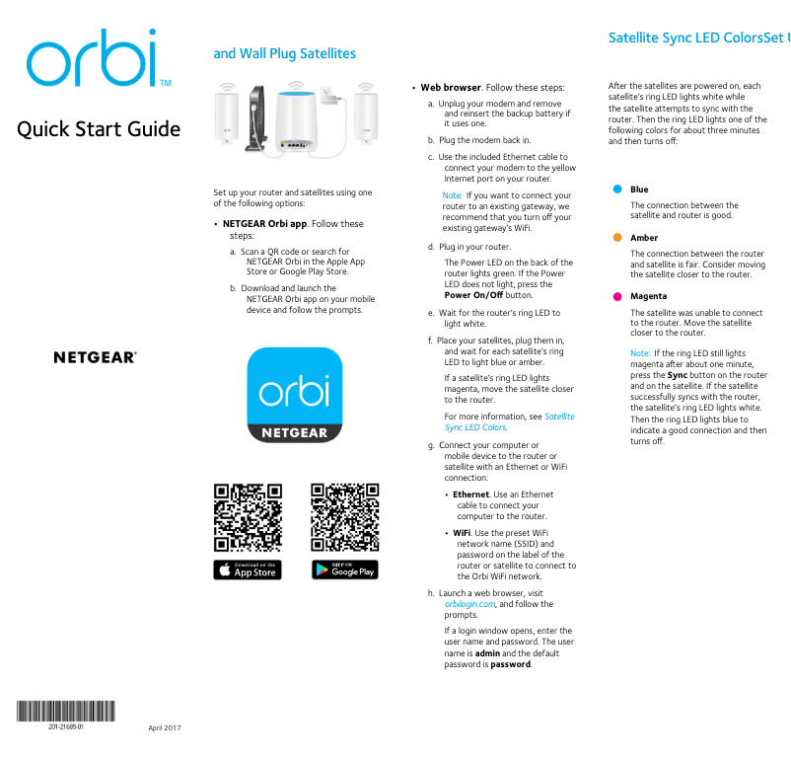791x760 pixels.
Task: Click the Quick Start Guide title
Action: pos(99,129)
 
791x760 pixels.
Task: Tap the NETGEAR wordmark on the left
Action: pos(95,357)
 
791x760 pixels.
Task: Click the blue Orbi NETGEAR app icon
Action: pos(293,394)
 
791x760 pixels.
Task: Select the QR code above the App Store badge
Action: pos(248,516)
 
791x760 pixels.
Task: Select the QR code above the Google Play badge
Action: pos(345,516)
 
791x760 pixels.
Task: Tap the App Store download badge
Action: pos(248,570)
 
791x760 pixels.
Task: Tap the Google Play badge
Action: pos(345,570)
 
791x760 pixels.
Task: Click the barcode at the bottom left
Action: pos(65,711)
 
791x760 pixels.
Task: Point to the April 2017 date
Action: pos(165,728)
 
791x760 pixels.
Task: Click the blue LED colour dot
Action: pos(617,190)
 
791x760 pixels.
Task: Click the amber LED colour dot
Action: pos(617,238)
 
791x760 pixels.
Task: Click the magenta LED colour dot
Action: pos(617,296)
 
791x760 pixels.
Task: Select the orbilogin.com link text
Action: pos(468,604)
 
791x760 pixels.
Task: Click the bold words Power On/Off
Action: pos(473,295)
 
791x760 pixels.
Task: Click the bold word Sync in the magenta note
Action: pos(678,375)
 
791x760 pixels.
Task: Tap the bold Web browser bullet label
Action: pos(451,88)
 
